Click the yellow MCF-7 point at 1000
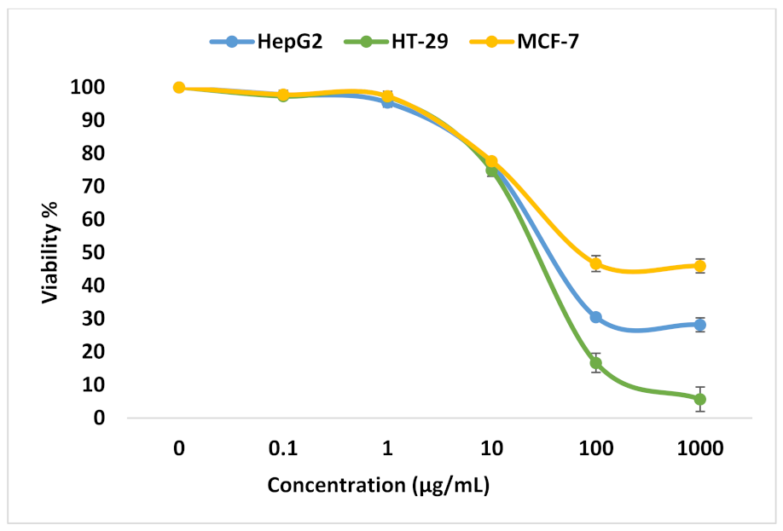(x=699, y=266)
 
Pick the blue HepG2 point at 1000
(x=699, y=325)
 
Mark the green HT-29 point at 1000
(x=699, y=399)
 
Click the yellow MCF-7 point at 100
(x=595, y=263)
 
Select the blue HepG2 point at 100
(x=595, y=317)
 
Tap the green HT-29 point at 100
(x=595, y=363)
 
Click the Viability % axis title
(x=51, y=252)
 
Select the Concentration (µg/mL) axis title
(x=379, y=486)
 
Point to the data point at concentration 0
(x=179, y=88)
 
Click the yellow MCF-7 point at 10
(x=491, y=161)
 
